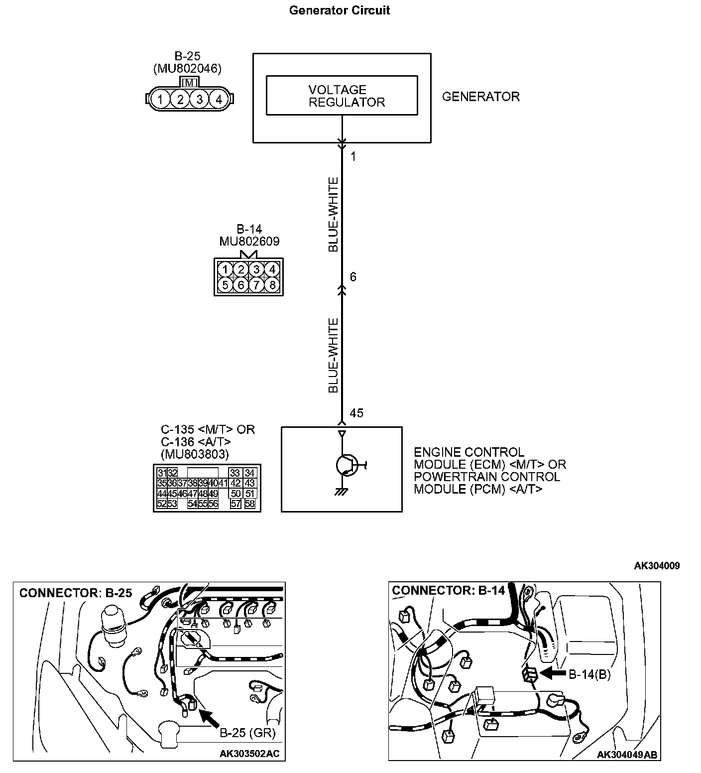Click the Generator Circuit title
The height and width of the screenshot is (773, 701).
tap(339, 10)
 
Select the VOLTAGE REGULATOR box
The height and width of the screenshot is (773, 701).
tap(342, 96)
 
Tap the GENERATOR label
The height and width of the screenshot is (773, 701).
tap(480, 97)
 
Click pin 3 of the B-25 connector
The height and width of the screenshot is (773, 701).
tap(199, 100)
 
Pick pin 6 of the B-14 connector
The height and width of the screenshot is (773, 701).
tap(240, 285)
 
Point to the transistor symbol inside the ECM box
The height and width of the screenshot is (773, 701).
tap(345, 465)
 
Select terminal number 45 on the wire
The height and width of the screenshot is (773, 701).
tap(356, 413)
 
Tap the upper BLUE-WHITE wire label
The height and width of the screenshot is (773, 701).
tap(334, 214)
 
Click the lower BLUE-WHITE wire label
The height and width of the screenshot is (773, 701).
tap(334, 356)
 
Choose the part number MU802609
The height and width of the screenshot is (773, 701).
tap(249, 242)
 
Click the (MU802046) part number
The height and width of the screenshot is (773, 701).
tap(187, 69)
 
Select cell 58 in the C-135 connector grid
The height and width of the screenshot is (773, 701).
tap(250, 504)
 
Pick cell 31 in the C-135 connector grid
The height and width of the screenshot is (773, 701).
tap(162, 473)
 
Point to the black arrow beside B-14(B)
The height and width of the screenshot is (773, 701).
tap(553, 674)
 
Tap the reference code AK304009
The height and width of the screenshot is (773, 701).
tap(656, 565)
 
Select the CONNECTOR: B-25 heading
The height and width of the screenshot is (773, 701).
tap(76, 593)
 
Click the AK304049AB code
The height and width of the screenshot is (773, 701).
tap(627, 755)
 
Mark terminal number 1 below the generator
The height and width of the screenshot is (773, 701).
tap(353, 157)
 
